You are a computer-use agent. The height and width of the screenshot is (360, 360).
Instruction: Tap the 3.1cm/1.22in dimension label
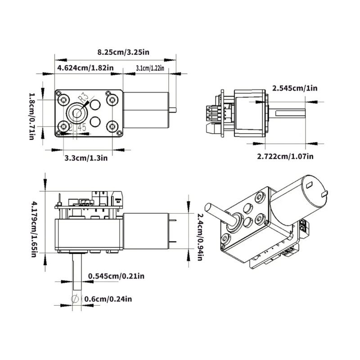point(149,68)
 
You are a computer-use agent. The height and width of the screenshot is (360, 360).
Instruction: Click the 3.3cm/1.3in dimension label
point(86,157)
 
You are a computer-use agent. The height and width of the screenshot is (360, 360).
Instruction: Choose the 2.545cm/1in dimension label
point(295,88)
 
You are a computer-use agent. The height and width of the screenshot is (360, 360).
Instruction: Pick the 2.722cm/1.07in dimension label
point(285,156)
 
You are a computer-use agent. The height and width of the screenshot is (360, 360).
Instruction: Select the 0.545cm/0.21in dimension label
point(116,276)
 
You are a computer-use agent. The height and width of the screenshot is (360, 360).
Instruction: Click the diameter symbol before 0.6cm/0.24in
point(76,298)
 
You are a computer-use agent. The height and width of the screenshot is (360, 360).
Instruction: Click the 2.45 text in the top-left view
point(77,128)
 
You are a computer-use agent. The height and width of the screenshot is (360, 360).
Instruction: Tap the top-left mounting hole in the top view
point(63,99)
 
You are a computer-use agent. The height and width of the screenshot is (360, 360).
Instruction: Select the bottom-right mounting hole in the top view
point(109,126)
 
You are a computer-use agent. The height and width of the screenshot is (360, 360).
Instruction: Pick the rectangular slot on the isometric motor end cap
point(309,185)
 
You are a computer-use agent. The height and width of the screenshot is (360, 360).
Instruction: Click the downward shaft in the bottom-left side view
point(77,274)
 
